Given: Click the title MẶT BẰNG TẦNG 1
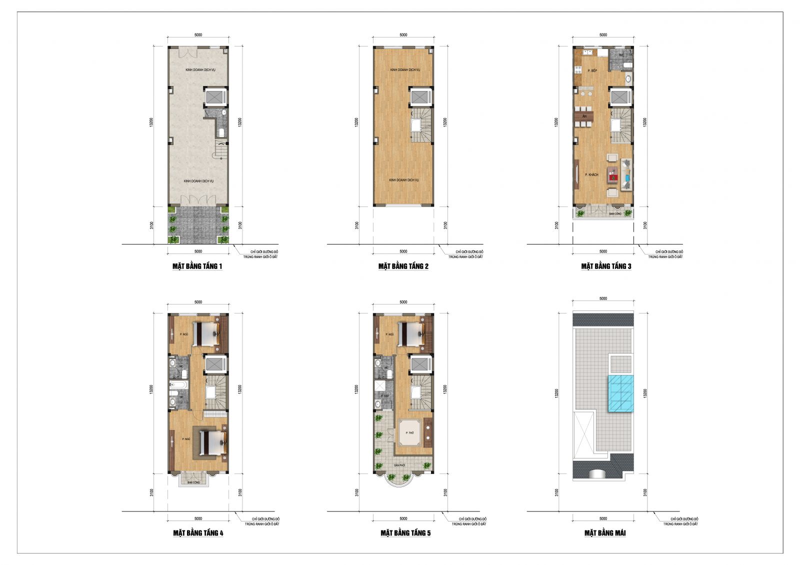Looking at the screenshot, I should [197, 266].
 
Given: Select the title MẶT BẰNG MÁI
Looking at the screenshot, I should [605, 533].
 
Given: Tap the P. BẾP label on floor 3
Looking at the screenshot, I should [592, 70].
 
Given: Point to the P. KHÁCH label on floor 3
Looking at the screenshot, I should [592, 174].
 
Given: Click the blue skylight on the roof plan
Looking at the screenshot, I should [620, 393].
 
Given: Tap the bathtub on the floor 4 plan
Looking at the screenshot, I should [178, 385].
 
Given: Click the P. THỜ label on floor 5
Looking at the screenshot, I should [410, 432].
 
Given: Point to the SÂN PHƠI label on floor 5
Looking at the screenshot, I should [399, 465].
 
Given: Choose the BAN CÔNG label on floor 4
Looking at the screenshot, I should [193, 482].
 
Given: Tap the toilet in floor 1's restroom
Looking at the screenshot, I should [221, 132].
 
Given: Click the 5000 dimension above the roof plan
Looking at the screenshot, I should [603, 298].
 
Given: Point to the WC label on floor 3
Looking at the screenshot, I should [621, 55].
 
